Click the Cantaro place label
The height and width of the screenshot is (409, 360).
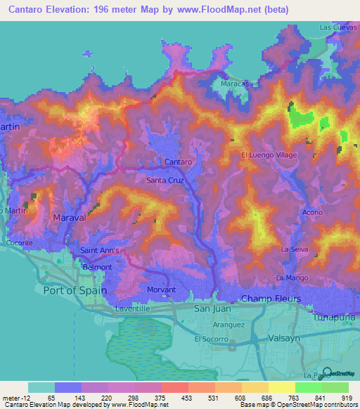(x=178, y=162)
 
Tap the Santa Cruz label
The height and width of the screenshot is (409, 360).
(x=165, y=181)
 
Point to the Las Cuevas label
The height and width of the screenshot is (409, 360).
(x=334, y=27)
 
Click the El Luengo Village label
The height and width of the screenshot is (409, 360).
(x=269, y=155)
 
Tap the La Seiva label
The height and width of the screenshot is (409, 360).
(x=295, y=249)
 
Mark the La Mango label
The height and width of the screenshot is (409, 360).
(x=292, y=278)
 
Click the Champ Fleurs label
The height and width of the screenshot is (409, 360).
(x=271, y=299)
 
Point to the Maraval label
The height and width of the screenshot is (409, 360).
(x=70, y=218)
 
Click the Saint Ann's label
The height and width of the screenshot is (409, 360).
(x=100, y=250)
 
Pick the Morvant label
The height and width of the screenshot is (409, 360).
(x=161, y=290)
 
